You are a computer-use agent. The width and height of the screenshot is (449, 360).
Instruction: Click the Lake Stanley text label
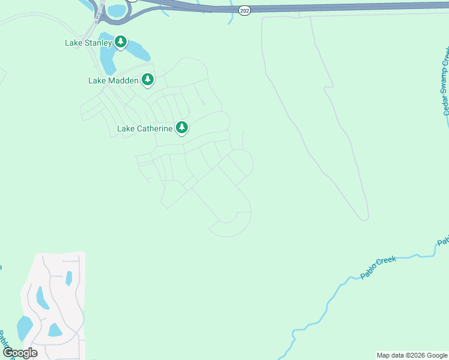click(x=88, y=43)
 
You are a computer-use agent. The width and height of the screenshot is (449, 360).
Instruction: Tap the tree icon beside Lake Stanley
click(x=121, y=41)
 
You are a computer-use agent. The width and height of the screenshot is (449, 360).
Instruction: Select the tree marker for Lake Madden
click(x=147, y=79)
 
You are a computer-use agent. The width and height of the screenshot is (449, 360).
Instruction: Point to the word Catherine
click(x=155, y=128)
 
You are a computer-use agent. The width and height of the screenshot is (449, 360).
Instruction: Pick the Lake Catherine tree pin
click(x=182, y=127)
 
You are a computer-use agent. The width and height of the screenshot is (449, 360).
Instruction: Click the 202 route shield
click(x=244, y=11)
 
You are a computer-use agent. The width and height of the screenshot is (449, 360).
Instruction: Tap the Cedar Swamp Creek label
click(x=445, y=84)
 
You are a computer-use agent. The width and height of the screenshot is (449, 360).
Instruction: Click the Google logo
click(x=20, y=353)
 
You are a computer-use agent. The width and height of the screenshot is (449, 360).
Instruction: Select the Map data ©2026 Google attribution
click(x=412, y=355)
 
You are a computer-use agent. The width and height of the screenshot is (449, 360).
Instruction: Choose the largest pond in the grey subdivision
click(x=25, y=328)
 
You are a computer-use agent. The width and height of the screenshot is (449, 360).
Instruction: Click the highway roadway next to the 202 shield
click(x=288, y=8)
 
